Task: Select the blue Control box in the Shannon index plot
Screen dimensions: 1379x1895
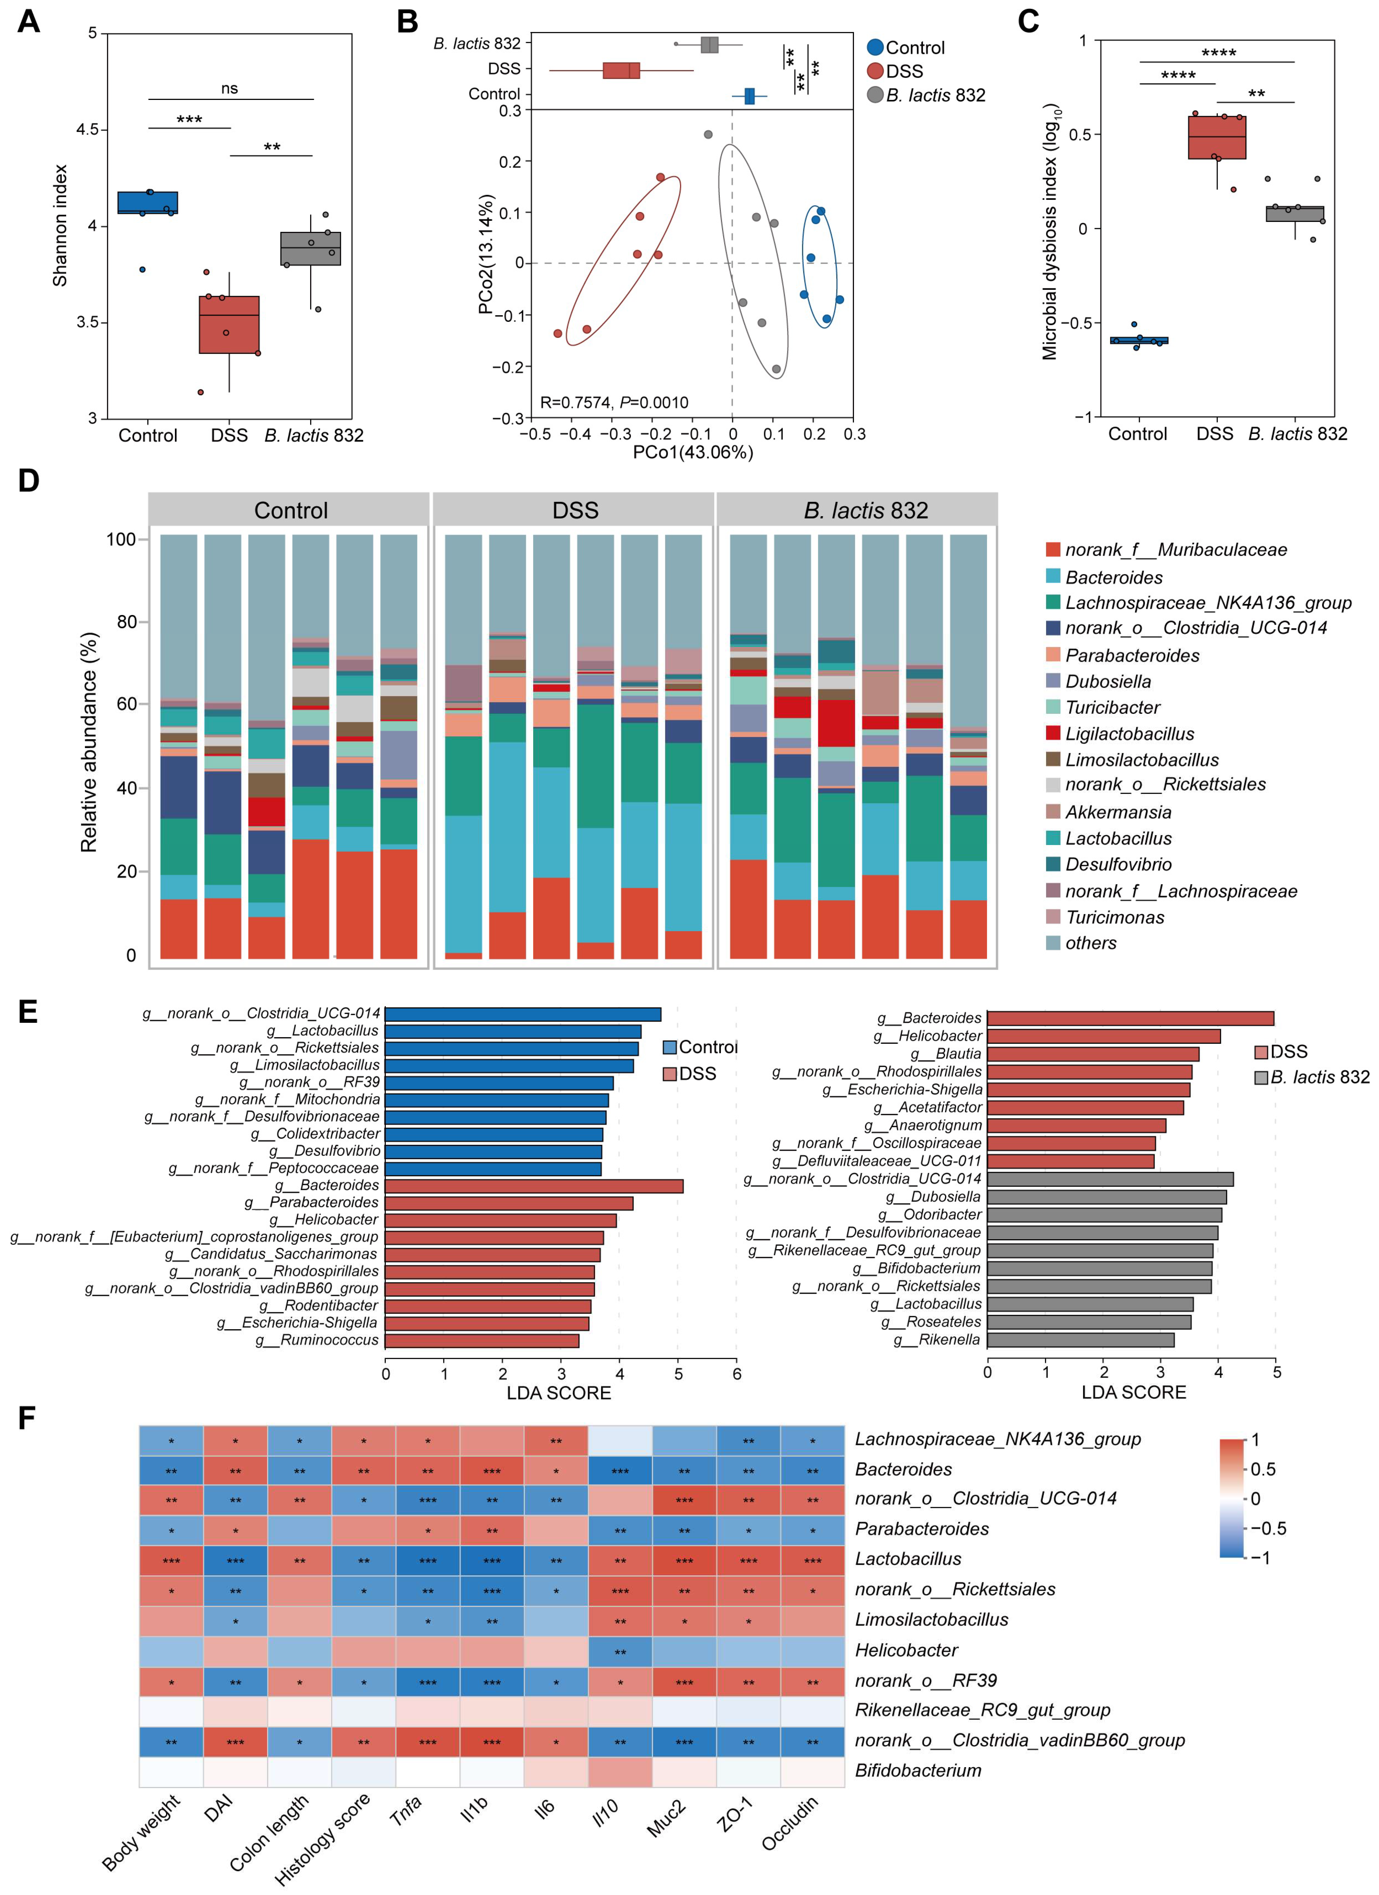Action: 148,203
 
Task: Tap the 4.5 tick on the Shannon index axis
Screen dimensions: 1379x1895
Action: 87,130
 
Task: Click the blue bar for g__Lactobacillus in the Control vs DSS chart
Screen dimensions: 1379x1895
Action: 513,1031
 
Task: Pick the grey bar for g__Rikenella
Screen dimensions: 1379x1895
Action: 1081,1340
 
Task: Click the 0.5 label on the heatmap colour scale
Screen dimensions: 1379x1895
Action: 1263,1469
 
